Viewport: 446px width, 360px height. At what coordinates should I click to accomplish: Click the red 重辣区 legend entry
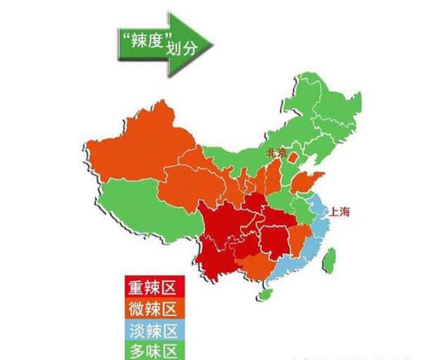click(x=151, y=288)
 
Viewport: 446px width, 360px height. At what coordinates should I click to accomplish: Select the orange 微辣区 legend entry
click(x=151, y=308)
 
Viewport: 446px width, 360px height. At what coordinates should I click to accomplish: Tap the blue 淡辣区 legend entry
click(x=151, y=328)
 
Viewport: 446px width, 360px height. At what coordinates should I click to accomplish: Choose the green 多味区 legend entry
click(x=151, y=347)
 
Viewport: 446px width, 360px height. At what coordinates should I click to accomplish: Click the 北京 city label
click(x=276, y=152)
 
